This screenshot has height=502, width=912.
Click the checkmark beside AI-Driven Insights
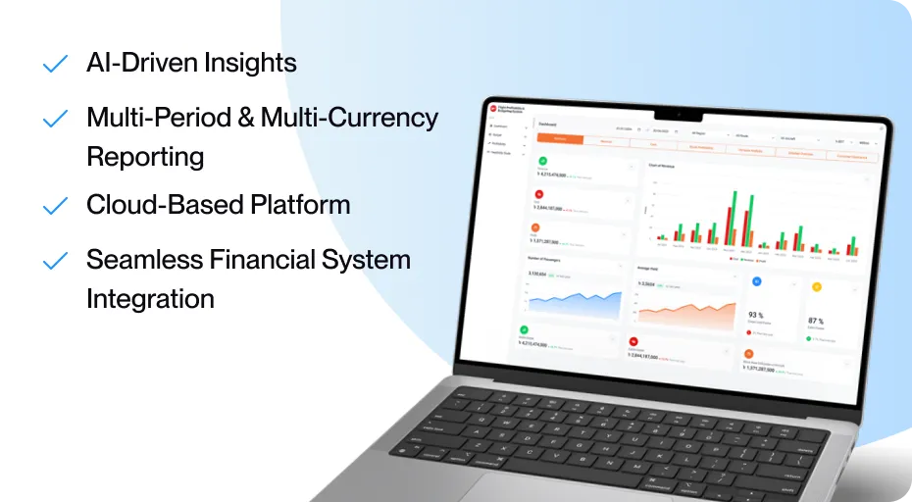55,65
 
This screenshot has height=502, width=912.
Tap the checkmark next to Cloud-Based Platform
55,206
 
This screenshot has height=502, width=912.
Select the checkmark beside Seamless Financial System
55,261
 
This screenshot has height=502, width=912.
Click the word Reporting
145,157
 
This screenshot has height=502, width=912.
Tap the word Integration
150,298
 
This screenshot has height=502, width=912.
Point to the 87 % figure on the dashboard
816,321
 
